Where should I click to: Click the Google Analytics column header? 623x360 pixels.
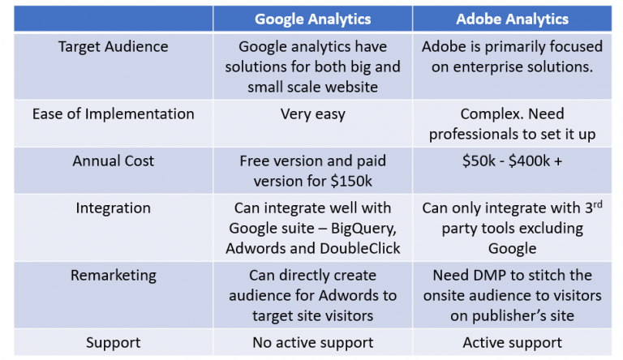(x=312, y=19)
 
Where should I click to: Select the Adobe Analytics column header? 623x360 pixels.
(x=512, y=19)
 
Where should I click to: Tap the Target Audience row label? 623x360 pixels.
(x=113, y=46)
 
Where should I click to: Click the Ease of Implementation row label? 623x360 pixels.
(x=113, y=114)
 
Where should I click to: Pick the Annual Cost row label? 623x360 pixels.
(x=113, y=161)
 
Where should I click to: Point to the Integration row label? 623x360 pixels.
(x=113, y=208)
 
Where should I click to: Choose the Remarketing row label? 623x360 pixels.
(x=113, y=275)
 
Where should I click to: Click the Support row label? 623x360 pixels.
(x=113, y=342)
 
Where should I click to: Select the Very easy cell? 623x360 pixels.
(x=312, y=114)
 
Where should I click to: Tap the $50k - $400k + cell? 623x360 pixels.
(x=512, y=161)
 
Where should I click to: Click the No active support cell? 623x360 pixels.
(x=312, y=342)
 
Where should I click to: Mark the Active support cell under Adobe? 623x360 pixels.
(x=512, y=342)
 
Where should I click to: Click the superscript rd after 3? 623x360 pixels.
(x=596, y=204)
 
